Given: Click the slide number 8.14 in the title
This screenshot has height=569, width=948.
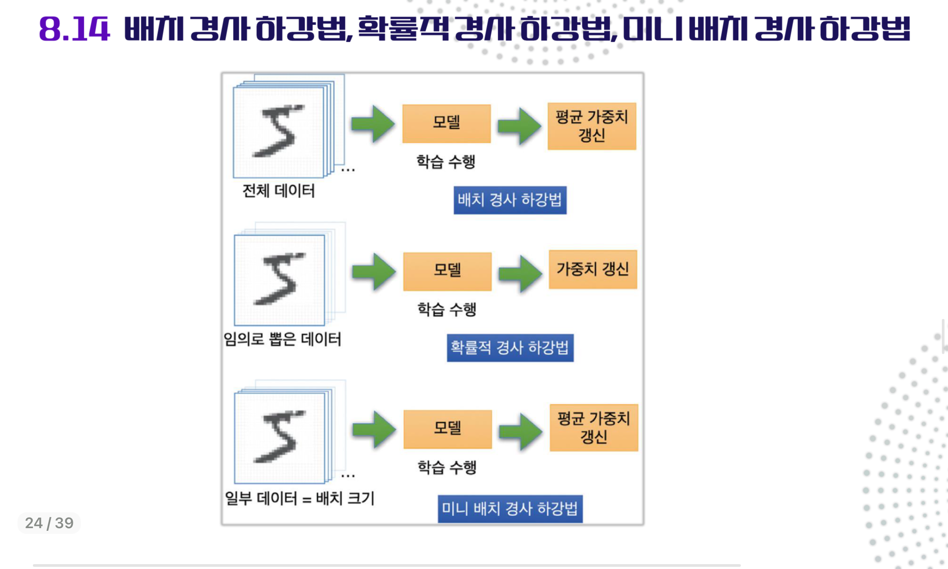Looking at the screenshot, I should pos(74,29).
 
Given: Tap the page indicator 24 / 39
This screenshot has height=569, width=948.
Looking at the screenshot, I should pos(49,523).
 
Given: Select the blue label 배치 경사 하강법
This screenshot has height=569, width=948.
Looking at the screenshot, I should pos(510,200).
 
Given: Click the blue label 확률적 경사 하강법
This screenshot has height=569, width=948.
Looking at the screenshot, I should pos(510,348).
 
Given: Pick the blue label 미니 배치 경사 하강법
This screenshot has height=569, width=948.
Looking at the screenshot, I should pos(510,509).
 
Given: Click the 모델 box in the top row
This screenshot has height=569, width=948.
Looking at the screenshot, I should pos(446,123).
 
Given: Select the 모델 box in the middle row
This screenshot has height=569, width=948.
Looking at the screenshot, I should pos(447,272).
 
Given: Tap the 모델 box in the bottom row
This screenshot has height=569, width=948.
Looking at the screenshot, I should pos(448,429).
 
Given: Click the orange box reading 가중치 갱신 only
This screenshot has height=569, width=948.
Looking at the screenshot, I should pos(593,269).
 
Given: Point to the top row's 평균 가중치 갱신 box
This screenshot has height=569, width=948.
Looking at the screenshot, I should pos(592,126).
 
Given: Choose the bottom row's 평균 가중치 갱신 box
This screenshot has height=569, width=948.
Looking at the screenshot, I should pos(594,428).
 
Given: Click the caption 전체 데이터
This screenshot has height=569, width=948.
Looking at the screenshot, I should pos(279,191).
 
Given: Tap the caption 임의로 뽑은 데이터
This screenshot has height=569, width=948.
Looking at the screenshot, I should pos(282,339).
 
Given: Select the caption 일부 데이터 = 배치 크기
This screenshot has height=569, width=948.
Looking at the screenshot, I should pos(299,498).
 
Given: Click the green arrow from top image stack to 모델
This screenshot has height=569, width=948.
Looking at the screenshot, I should pos(373,123).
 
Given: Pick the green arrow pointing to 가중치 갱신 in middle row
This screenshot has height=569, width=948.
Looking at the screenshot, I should pos(520,273).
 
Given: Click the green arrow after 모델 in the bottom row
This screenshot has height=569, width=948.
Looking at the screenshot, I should pos(521,431).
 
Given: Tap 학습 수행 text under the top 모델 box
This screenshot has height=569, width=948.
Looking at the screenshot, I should pos(446,162).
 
